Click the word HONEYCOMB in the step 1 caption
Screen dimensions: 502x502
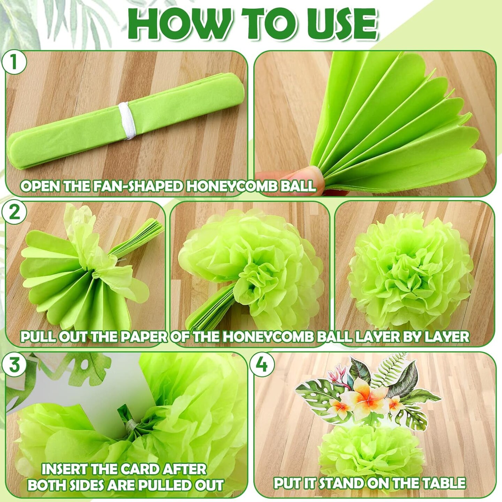(x=221, y=186)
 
